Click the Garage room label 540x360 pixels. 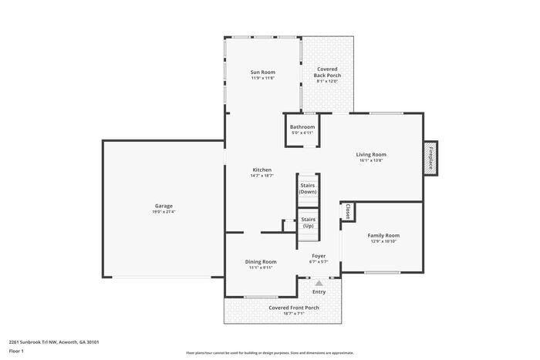click(x=164, y=206)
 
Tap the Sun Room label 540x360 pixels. click(x=263, y=72)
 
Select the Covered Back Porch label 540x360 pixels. click(x=327, y=72)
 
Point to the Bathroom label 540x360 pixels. click(x=302, y=127)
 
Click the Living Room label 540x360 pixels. click(x=371, y=154)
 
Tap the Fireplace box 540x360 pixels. click(x=430, y=156)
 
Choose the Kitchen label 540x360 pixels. click(x=262, y=170)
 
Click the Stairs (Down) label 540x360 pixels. click(x=308, y=188)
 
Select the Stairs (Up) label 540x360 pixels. click(x=308, y=222)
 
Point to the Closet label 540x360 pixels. click(x=348, y=210)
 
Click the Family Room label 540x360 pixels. click(x=383, y=235)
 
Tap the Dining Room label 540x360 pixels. click(x=261, y=261)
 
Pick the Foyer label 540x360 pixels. click(x=319, y=255)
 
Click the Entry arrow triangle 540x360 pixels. click(x=319, y=284)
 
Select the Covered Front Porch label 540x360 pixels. click(x=294, y=308)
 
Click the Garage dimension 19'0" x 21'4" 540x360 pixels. click(x=164, y=212)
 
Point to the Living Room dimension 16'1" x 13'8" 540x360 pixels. click(x=371, y=160)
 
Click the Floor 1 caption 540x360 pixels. click(x=17, y=351)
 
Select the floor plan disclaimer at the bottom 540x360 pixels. click(x=270, y=352)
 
